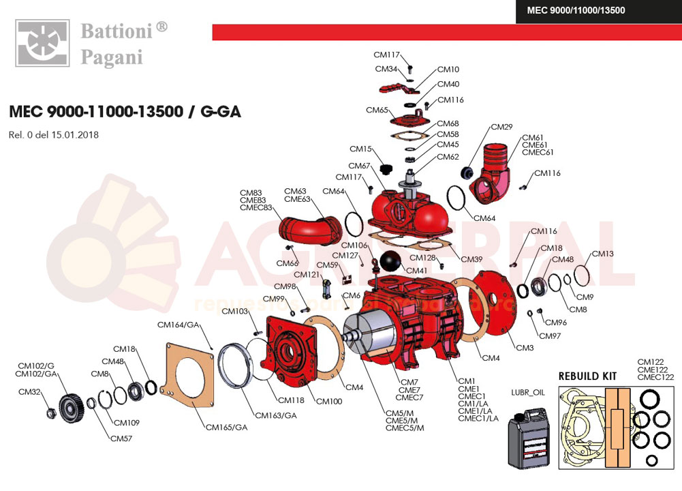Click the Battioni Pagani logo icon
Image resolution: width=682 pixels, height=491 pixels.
42,44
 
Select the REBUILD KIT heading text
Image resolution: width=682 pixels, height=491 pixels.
587,376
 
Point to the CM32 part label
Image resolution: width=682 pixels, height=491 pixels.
29,392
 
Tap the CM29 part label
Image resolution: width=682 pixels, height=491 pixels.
501,128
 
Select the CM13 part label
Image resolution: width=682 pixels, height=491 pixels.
602,254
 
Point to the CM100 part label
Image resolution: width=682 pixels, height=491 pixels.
329,401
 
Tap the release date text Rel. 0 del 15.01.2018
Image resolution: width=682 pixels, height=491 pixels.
54,135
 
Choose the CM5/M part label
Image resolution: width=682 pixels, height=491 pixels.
399,413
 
